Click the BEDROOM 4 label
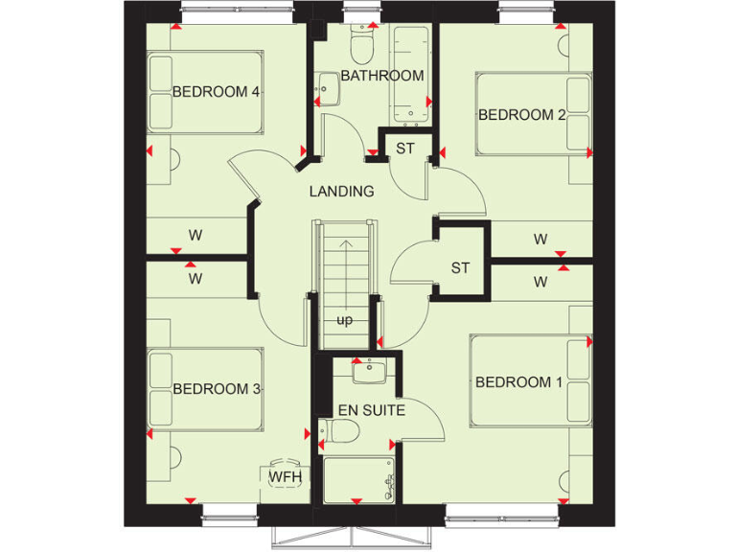coord(203,92)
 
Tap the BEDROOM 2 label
coord(521,115)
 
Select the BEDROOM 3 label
coord(217,388)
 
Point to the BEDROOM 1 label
coord(519,382)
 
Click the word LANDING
coord(341,192)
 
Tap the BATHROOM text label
coord(382,76)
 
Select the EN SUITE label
coord(371,411)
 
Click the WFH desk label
coord(283,476)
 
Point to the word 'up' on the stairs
coord(344,319)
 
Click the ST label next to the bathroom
coord(405,149)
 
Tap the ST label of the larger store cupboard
coord(460,267)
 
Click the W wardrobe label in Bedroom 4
coord(195,234)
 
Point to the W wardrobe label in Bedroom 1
coord(540,282)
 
